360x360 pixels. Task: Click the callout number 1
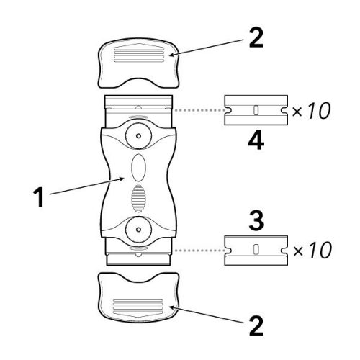[x=38, y=197]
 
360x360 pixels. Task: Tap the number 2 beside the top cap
[x=256, y=38]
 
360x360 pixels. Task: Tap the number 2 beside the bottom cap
[x=256, y=326]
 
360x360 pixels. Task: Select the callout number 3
[x=256, y=220]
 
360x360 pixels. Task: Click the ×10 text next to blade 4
[x=311, y=111]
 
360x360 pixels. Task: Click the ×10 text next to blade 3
[x=312, y=250]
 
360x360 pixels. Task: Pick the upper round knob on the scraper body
[x=138, y=136]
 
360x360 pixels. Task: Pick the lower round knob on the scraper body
[x=138, y=230]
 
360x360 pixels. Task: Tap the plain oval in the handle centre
[x=138, y=168]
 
